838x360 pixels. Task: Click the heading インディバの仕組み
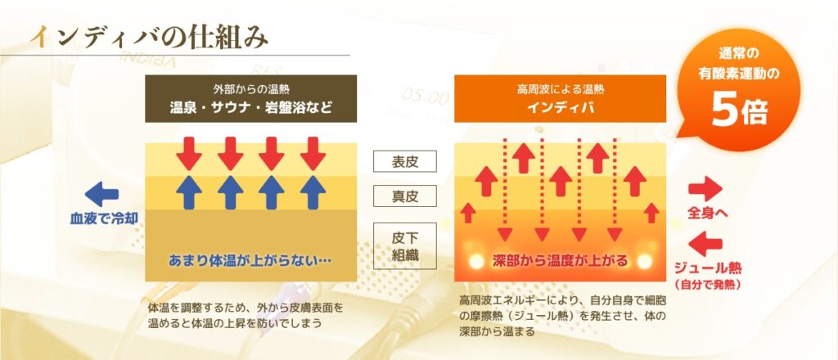point(149,38)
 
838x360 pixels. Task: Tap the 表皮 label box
point(404,161)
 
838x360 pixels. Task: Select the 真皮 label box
point(404,196)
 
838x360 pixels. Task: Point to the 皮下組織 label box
point(404,245)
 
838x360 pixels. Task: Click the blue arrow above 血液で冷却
point(101,194)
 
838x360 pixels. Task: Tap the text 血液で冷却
point(104,218)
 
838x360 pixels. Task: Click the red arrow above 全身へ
point(705,189)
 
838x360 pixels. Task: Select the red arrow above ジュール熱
point(705,244)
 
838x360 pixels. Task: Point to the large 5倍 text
point(739,111)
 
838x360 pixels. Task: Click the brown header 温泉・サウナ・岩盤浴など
point(250,98)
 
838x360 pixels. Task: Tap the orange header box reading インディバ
point(560,98)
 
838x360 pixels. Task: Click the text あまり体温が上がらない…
point(250,261)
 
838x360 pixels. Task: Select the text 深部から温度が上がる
point(560,262)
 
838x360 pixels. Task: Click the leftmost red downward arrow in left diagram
point(189,153)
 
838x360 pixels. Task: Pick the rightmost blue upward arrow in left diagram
point(313,191)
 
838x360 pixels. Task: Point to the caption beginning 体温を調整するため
point(246,316)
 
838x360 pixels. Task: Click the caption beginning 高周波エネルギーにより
point(563,316)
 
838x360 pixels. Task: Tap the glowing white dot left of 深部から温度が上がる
point(476,261)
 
